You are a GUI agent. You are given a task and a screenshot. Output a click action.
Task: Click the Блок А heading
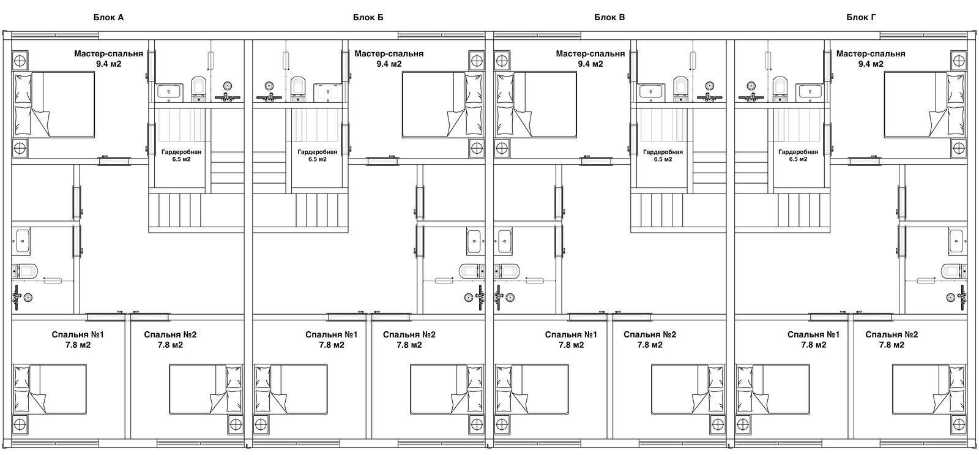[x=108, y=17]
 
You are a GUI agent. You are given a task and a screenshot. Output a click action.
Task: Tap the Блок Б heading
[x=368, y=17]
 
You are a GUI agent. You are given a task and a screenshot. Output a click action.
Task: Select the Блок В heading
[x=609, y=17]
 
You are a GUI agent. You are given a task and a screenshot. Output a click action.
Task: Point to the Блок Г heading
[x=861, y=17]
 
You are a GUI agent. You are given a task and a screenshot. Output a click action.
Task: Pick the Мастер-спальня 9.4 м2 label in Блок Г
[x=870, y=58]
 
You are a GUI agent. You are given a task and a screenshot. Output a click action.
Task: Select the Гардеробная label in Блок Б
[x=317, y=156]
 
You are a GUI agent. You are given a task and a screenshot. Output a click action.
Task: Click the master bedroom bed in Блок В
[x=536, y=104]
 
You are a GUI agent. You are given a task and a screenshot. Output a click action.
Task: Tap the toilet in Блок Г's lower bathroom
[x=951, y=270]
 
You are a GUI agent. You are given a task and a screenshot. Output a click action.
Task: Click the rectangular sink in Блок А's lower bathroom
[x=22, y=241]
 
